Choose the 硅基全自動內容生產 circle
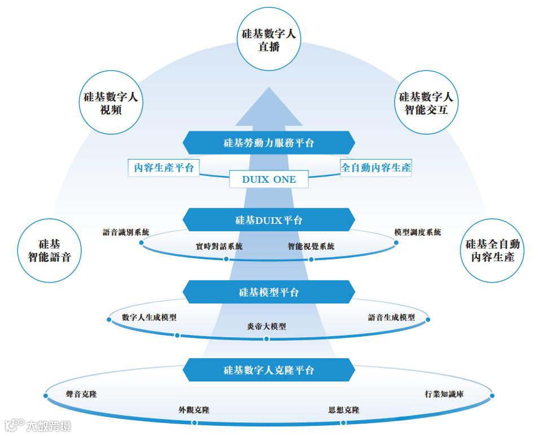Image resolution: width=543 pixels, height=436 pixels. point(493,250)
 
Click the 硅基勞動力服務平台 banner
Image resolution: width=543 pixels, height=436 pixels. point(269,143)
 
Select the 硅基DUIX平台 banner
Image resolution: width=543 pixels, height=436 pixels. point(269,220)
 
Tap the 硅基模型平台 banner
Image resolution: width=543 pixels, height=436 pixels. point(269,292)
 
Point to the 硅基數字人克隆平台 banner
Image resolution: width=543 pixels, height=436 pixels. point(269,371)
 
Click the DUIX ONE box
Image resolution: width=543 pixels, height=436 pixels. point(269,179)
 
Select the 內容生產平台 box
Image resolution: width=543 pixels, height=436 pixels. point(164,168)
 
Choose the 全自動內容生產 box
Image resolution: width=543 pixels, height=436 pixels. point(376,168)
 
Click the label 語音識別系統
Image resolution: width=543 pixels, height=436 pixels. point(126,232)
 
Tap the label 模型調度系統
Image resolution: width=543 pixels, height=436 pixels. point(418,232)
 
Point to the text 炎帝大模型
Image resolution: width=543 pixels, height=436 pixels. point(266,326)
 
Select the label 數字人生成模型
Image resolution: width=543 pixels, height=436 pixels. point(149,318)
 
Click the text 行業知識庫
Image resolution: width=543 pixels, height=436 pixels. point(444,394)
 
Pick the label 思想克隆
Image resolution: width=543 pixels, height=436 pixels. point(344,410)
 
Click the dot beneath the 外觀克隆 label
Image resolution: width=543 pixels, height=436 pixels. point(194,422)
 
